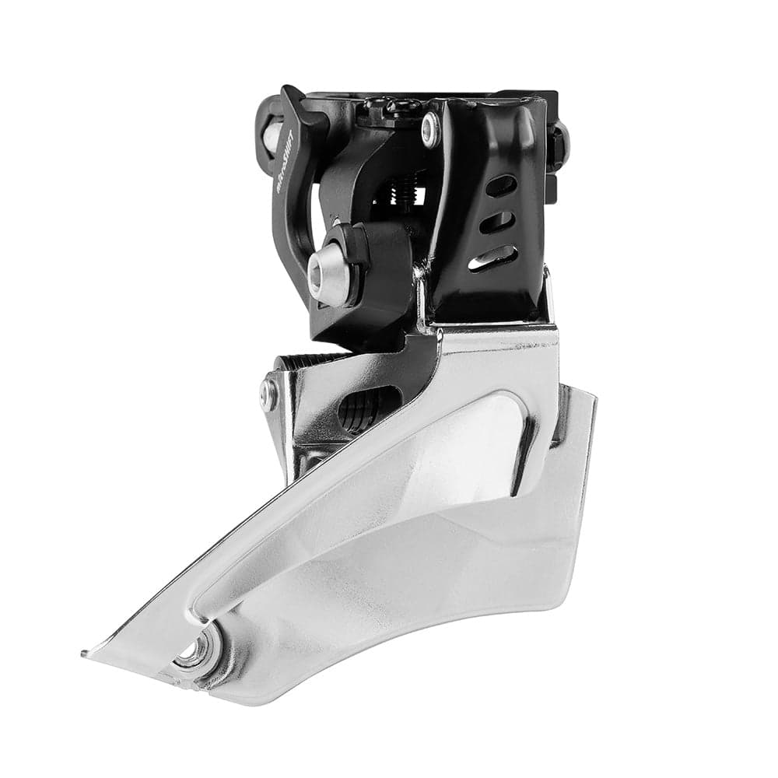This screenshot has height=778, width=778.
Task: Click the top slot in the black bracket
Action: [x=501, y=186]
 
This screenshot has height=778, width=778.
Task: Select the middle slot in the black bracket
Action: [x=498, y=222]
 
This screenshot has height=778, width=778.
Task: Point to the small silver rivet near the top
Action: [x=429, y=128]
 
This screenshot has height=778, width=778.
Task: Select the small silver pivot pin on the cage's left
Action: [x=268, y=394]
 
